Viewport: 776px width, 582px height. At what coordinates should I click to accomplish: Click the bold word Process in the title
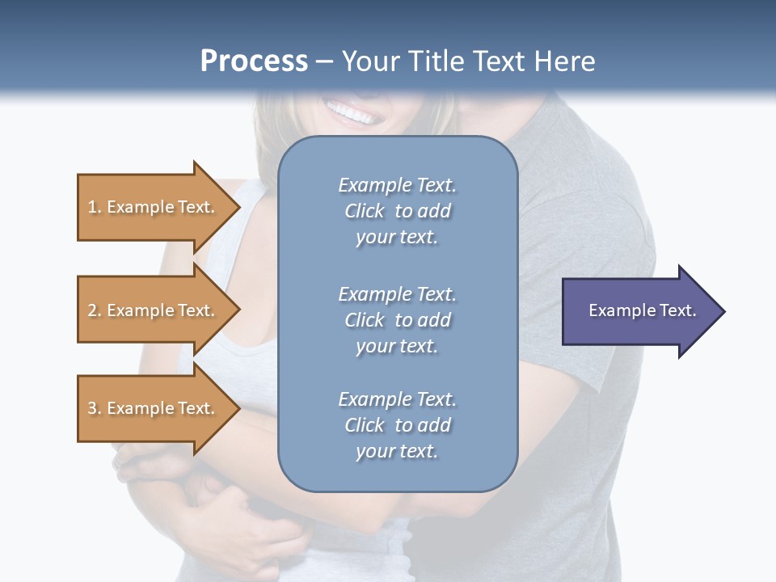coord(254,61)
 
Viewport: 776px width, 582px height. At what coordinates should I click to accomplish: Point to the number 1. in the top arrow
coord(95,208)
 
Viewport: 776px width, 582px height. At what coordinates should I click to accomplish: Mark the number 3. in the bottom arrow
coord(95,409)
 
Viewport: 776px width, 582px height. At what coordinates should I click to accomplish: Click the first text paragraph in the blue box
coord(397,211)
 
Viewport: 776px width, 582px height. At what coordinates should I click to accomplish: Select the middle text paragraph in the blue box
coord(397,320)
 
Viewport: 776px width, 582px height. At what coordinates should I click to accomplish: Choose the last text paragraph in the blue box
coord(397,425)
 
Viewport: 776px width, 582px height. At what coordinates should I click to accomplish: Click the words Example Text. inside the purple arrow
coord(643,310)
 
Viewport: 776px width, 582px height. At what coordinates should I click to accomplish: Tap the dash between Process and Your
coord(325,61)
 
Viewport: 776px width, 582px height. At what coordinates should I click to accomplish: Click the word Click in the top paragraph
coord(365,211)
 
